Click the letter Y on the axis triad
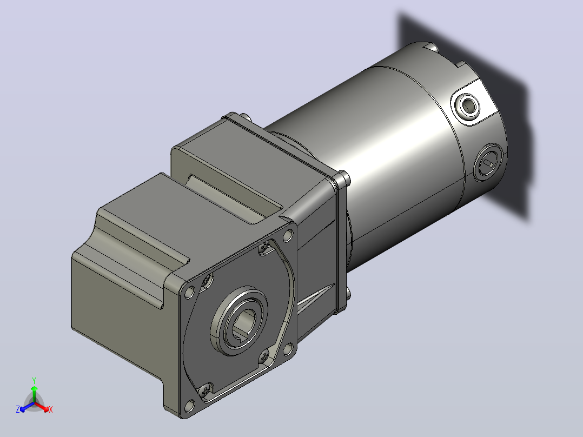(x=34, y=380)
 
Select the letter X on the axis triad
(x=51, y=409)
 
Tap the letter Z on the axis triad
(x=18, y=409)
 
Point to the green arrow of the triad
(x=34, y=394)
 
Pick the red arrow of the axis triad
(x=42, y=407)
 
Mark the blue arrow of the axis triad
(x=27, y=407)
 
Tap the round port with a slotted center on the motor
(x=488, y=162)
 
